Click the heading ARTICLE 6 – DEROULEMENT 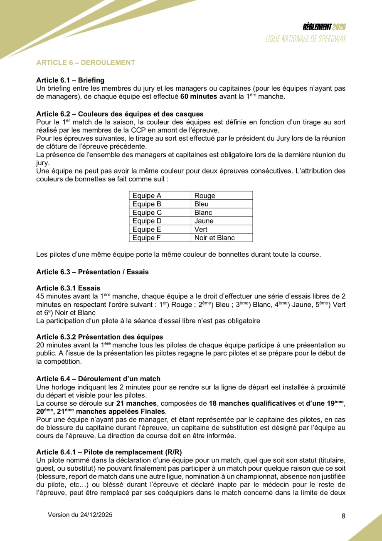[86, 63]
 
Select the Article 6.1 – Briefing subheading [70, 80]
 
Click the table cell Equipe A [147, 196]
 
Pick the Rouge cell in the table [205, 196]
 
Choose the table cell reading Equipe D [147, 221]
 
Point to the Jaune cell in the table [204, 221]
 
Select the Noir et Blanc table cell [214, 238]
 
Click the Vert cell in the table [201, 229]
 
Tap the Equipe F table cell [147, 238]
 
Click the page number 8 [343, 516]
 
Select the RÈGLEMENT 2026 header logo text [324, 27]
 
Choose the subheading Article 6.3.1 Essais [68, 288]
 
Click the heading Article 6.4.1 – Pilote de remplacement [109, 452]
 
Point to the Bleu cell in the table [202, 204]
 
